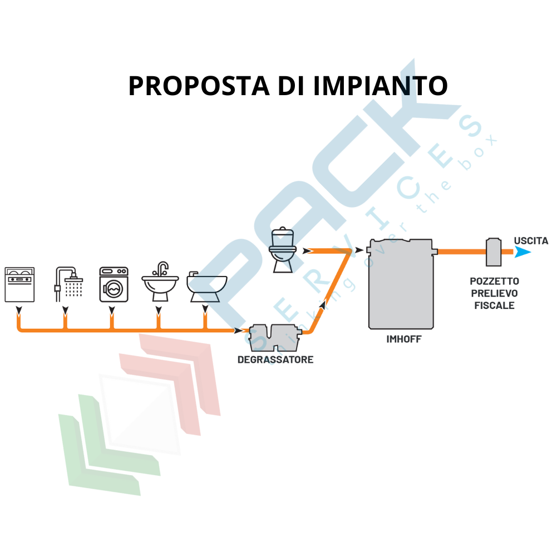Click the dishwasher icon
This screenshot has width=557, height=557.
point(19,284)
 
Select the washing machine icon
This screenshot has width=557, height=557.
point(114,284)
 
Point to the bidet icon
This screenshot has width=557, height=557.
point(206,287)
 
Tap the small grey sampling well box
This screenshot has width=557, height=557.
point(494,252)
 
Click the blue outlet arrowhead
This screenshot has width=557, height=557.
point(522,252)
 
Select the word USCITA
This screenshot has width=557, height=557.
point(531,241)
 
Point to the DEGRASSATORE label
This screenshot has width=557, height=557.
point(275,360)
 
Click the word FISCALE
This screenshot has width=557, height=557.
point(494,305)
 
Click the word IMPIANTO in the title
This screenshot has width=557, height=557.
point(380,86)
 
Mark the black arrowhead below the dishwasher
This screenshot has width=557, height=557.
point(19,310)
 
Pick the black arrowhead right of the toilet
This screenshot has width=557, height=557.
point(305,251)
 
